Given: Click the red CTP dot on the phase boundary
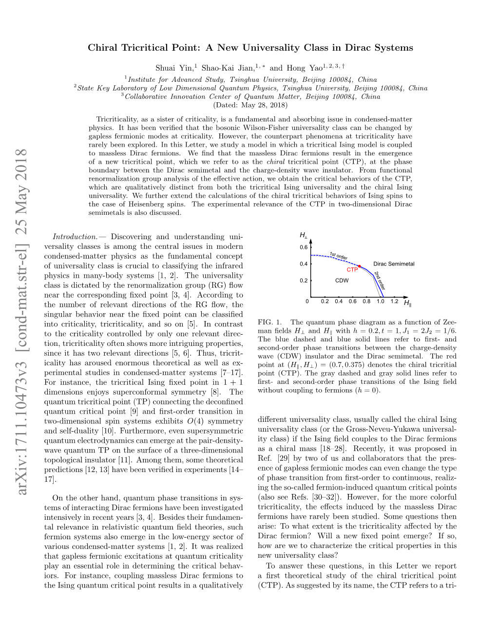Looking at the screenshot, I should (x=360, y=266).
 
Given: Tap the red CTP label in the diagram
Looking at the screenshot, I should (x=352, y=270).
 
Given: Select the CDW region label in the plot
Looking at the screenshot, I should (x=342, y=281).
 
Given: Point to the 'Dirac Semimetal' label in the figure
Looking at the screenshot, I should (x=394, y=264).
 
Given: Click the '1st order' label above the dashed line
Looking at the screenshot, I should (x=339, y=256).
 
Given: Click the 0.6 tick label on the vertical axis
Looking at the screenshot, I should (x=304, y=247).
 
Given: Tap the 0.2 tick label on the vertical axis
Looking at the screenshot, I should (x=304, y=281).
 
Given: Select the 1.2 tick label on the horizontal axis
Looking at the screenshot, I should (x=394, y=302).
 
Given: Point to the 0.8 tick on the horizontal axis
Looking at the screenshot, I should (x=366, y=302).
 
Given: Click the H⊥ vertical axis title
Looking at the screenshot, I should (x=304, y=236).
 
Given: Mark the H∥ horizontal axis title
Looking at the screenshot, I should (x=407, y=303).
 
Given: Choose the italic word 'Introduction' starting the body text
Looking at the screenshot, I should (x=75, y=237).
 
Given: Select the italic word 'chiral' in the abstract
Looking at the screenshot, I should (x=276, y=162).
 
